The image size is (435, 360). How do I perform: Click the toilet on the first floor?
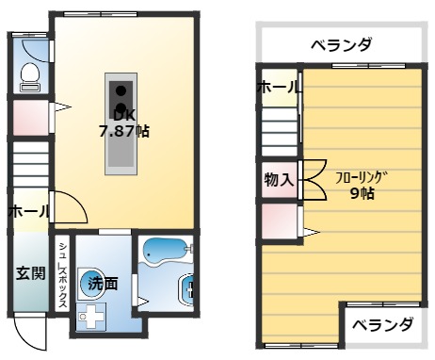(x=29, y=74)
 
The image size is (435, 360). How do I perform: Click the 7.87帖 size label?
(x=124, y=131)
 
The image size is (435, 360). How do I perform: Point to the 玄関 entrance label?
(x=29, y=273)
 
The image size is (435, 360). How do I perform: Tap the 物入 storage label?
(x=279, y=177)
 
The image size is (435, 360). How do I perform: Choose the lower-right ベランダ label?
(x=382, y=325)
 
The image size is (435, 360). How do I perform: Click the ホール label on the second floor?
(x=279, y=88)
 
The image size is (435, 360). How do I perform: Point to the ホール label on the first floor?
(x=28, y=212)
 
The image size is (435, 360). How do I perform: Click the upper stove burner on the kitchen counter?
(x=121, y=90)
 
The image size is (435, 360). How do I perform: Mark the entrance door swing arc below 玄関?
(x=31, y=335)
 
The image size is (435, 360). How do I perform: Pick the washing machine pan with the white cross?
(x=92, y=317)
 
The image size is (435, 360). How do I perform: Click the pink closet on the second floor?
(x=279, y=221)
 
